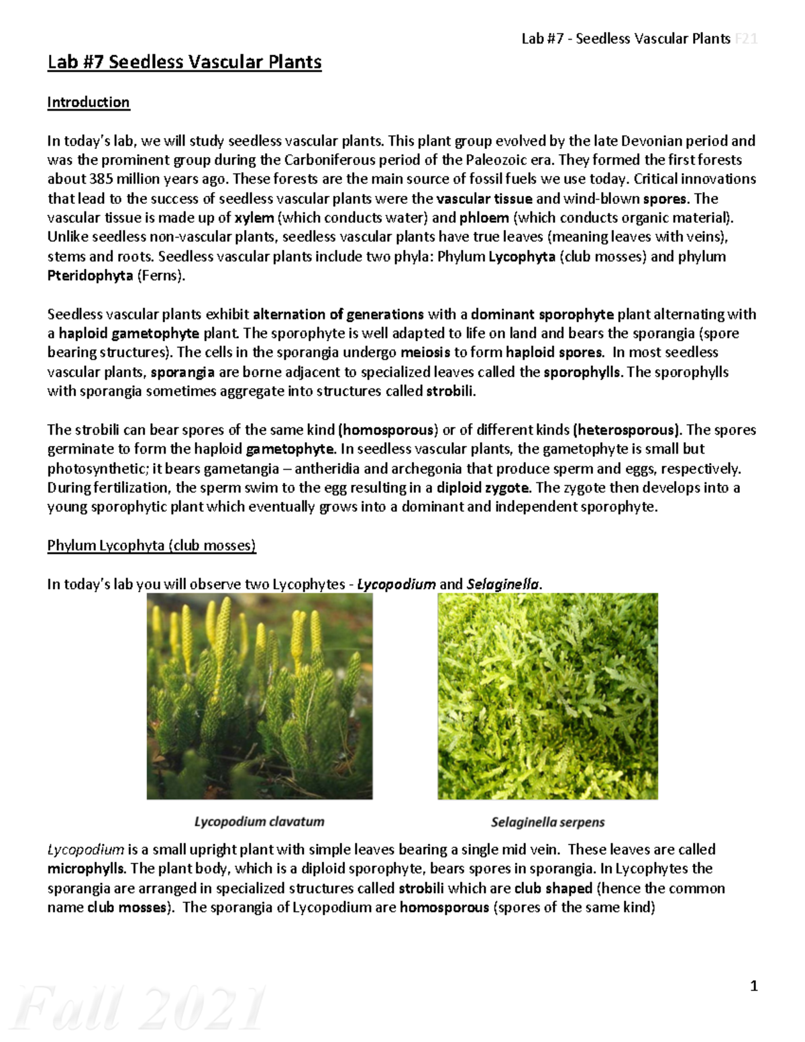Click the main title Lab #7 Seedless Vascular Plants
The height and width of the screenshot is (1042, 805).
click(x=184, y=62)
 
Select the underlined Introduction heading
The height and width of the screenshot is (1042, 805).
click(x=88, y=103)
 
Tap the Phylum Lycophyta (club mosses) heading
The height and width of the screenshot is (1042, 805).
click(x=152, y=545)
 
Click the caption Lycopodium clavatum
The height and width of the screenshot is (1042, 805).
click(x=259, y=821)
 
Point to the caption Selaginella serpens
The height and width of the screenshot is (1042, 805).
click(x=547, y=822)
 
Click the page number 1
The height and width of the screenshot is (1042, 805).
click(x=754, y=986)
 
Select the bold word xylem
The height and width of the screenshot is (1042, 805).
click(x=254, y=218)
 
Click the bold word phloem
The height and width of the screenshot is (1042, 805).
click(x=484, y=218)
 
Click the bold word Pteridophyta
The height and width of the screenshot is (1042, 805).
click(x=90, y=276)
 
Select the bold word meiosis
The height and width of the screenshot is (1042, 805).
click(x=425, y=353)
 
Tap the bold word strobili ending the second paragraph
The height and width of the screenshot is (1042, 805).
click(x=450, y=392)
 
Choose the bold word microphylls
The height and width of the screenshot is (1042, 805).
click(x=86, y=869)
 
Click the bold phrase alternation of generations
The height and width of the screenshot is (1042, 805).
click(x=338, y=315)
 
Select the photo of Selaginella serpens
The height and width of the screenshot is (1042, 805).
click(x=547, y=696)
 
